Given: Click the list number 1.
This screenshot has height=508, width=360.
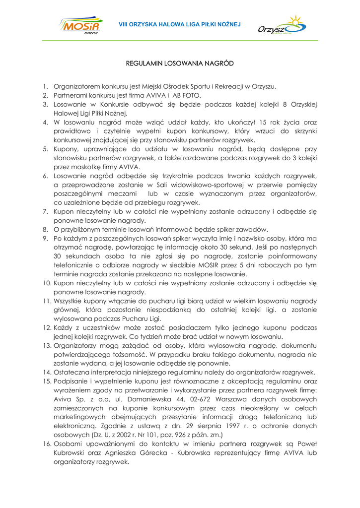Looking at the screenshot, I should [44, 86].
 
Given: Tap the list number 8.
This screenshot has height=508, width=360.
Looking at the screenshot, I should [44, 229].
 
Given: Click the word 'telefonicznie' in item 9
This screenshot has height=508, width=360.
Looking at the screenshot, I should [77, 265].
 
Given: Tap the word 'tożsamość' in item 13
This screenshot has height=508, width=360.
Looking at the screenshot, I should [158, 354].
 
